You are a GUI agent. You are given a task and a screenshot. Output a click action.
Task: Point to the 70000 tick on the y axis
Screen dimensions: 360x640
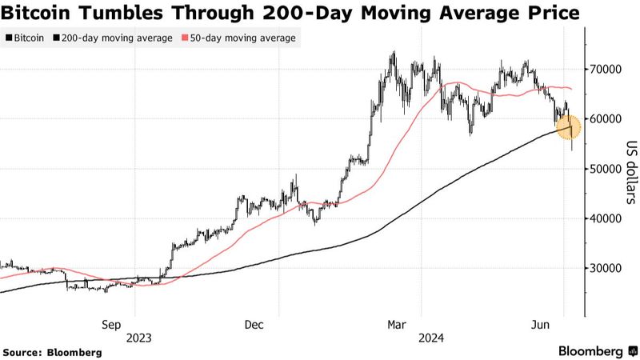click(x=606, y=70)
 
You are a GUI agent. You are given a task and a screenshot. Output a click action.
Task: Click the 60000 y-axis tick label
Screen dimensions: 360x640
click(x=606, y=119)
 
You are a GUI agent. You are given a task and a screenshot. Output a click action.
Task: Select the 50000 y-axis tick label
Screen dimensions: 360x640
click(x=606, y=169)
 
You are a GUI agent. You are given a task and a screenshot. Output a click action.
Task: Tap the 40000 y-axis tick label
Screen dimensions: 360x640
click(x=606, y=218)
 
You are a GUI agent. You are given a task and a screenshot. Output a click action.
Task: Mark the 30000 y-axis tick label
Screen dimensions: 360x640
click(x=606, y=268)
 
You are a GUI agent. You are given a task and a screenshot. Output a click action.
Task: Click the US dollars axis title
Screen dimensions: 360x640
click(x=630, y=172)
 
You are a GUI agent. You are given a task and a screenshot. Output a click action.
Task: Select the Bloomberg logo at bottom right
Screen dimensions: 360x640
click(x=589, y=351)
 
